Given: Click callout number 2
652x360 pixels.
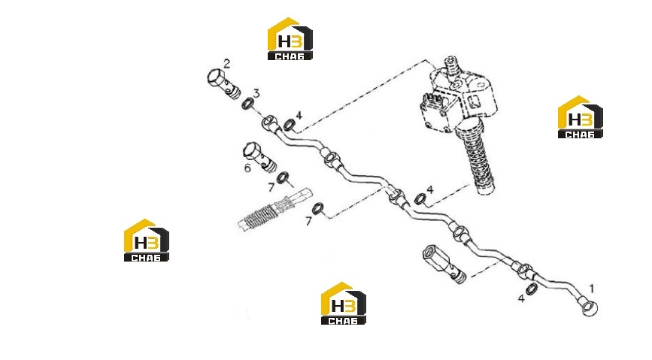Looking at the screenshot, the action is point(226,64).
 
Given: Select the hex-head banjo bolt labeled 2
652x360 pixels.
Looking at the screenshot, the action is point(223,84).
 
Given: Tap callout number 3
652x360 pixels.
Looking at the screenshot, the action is point(256,93).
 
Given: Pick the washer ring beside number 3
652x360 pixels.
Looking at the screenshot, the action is point(248,104).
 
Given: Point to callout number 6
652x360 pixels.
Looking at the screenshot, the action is point(248,168).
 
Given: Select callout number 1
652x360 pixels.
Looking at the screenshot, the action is point(592,288).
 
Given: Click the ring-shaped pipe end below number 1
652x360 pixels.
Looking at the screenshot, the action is point(590,308).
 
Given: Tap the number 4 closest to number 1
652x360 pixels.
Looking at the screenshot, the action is point(521,298).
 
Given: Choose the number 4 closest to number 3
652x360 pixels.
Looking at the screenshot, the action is point(299,115).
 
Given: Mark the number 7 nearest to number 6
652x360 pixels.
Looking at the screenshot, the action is point(271,188).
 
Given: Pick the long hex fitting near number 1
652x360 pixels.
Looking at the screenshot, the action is point(444,264).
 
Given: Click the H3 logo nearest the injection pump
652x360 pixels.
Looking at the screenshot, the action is point(580,117).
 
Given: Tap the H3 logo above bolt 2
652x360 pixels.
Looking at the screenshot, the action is point(290,38).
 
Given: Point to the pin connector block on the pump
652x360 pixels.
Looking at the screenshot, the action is point(432,101).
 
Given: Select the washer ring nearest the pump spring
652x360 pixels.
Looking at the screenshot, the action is point(420,198).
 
